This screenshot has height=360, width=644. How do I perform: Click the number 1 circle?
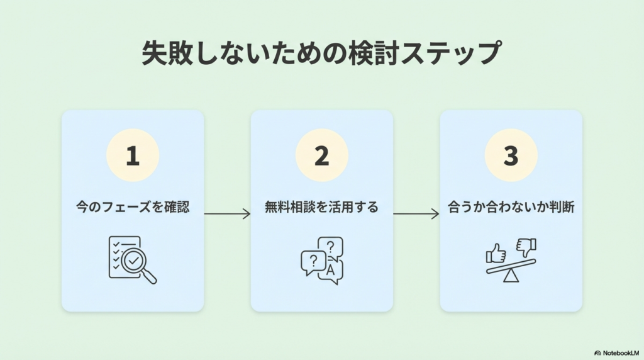coord(132,155)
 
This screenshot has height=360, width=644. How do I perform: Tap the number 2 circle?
coord(321,155)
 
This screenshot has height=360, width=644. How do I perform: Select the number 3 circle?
coord(511,155)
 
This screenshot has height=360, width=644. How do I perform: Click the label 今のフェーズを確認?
coord(133,207)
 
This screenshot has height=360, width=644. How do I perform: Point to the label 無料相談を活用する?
coord(321,207)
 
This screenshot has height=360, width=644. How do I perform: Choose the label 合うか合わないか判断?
coord(511,207)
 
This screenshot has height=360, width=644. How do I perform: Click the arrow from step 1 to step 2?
coord(227,214)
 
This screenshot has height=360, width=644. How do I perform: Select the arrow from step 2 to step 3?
coord(416,214)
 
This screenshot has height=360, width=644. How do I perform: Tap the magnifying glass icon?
coord(135,261)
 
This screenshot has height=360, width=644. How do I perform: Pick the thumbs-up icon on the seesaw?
coord(496,254)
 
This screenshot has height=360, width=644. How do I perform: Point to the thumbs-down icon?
coord(525,246)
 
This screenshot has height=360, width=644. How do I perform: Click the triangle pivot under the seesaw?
coord(511,276)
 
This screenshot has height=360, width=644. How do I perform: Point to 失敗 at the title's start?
coord(164,53)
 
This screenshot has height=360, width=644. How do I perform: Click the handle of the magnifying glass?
coord(150,277)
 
